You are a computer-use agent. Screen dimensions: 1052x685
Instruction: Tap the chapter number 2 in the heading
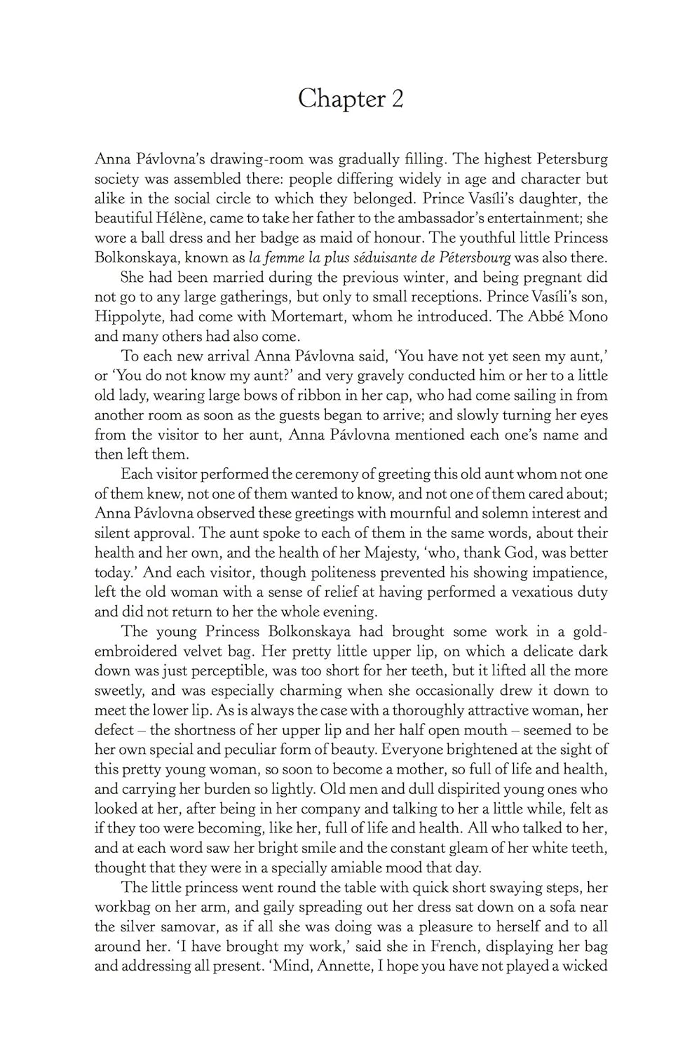pyautogui.click(x=398, y=99)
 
